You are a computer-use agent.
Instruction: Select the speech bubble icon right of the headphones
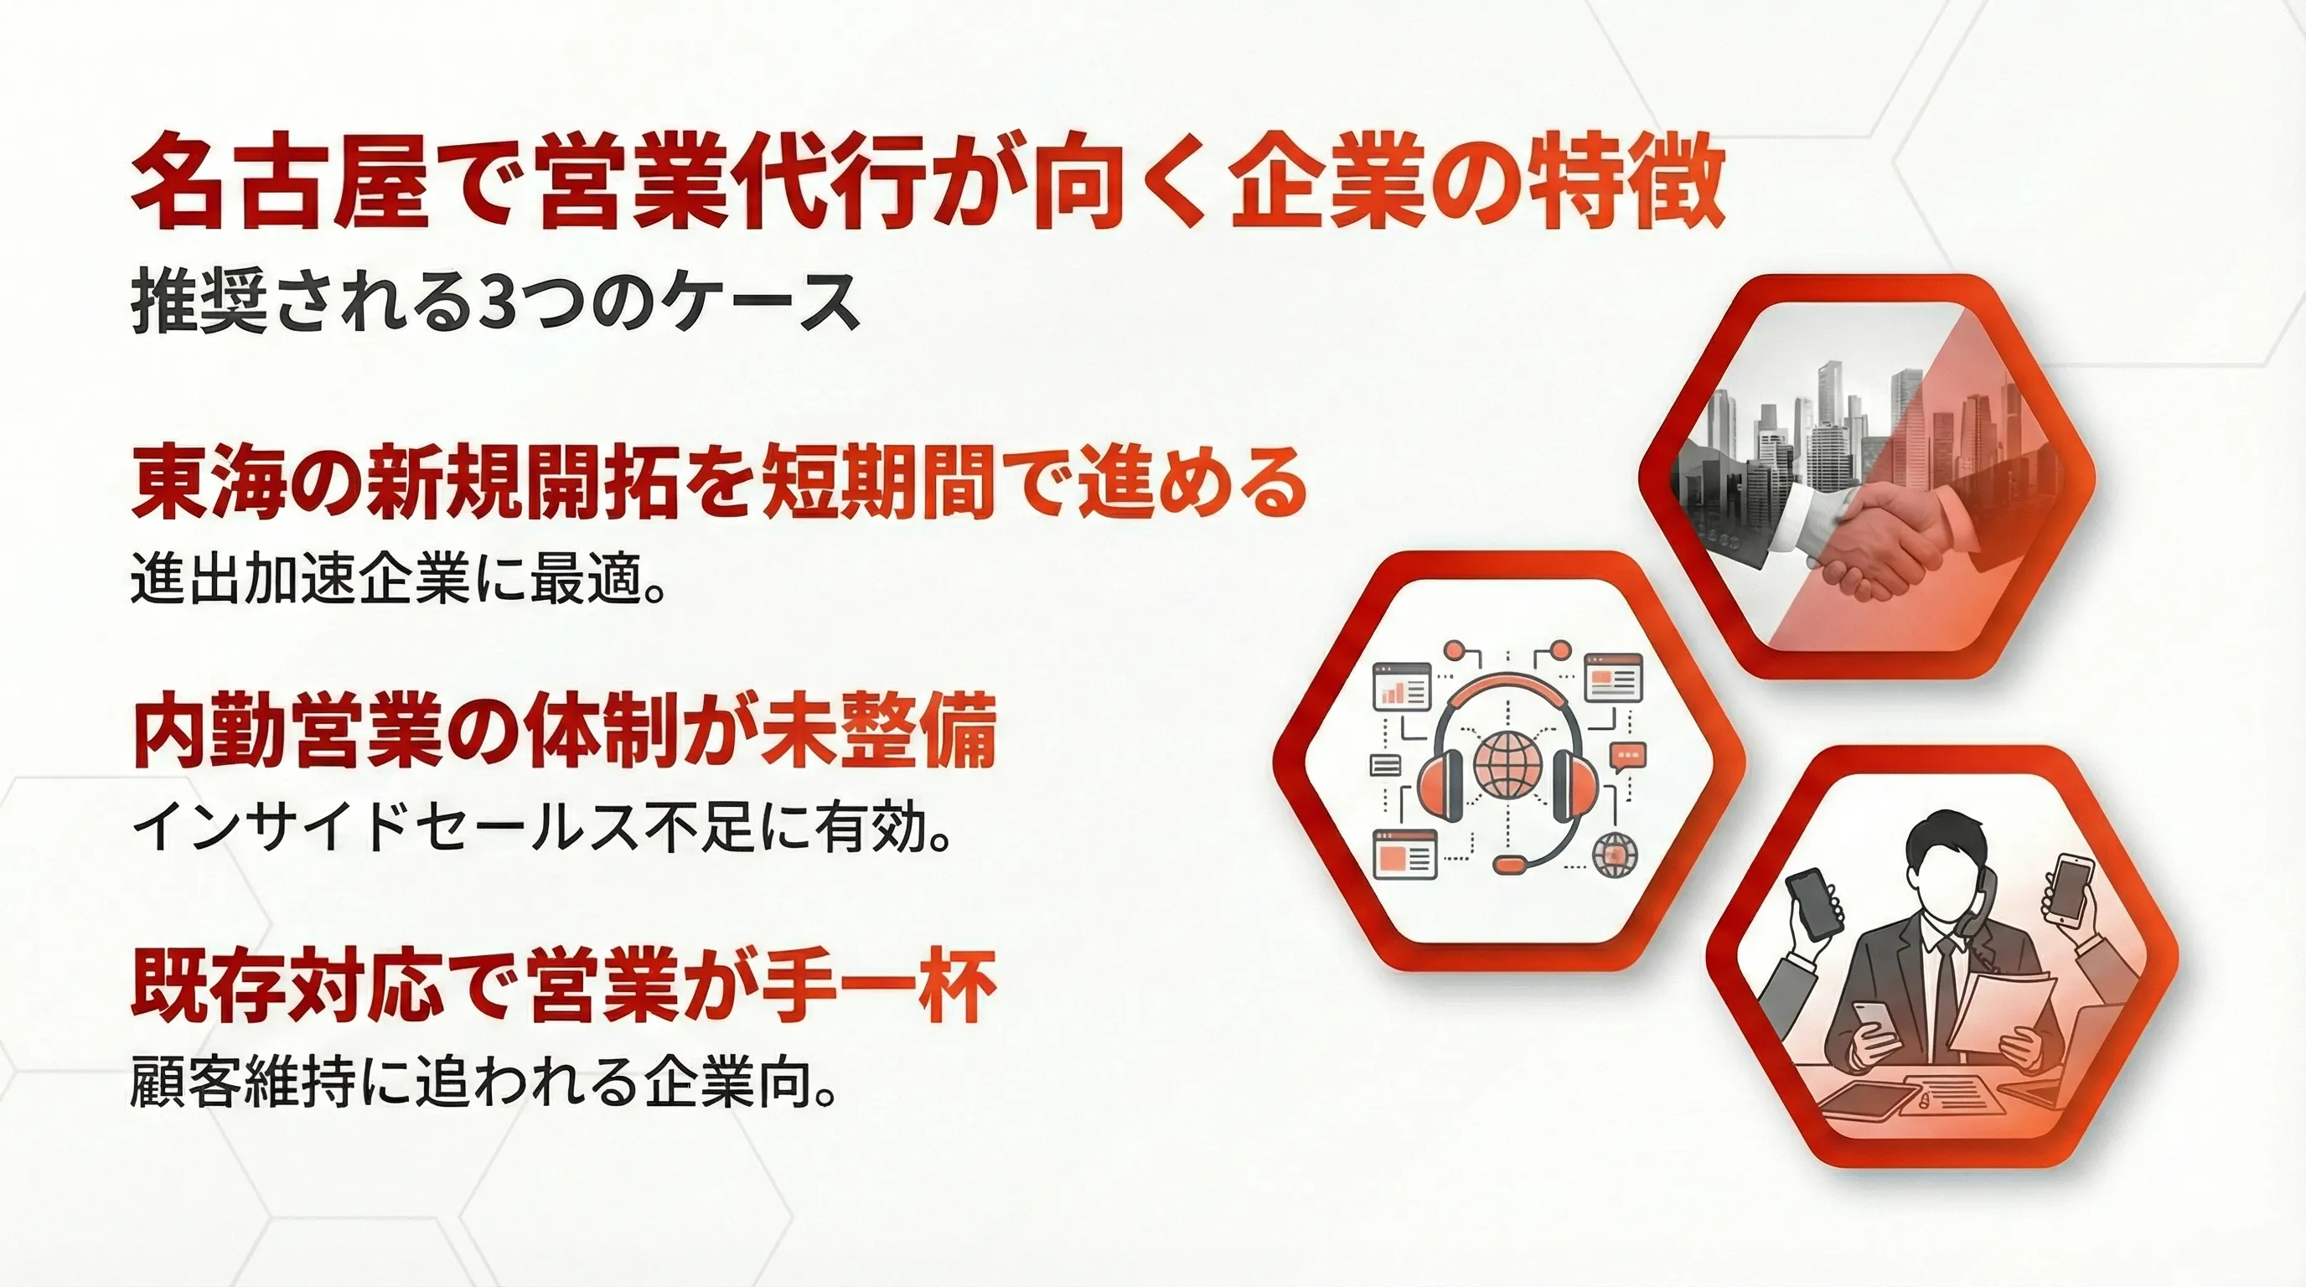point(1626,757)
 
